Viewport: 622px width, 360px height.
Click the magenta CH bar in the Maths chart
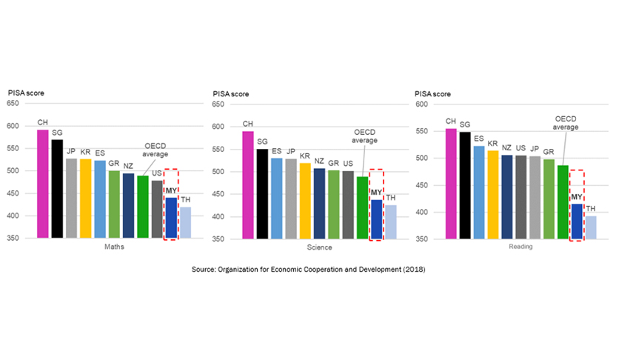(x=43, y=184)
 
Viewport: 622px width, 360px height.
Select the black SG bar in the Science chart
(x=261, y=194)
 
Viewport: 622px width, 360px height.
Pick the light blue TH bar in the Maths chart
(x=184, y=223)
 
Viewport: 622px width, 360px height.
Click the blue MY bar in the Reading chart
(x=577, y=221)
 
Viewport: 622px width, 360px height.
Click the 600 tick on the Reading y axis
(x=422, y=104)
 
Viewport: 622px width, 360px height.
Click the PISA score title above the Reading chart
(x=435, y=93)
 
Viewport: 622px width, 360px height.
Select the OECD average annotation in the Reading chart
(x=567, y=122)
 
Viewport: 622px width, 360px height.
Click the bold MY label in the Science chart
(x=375, y=193)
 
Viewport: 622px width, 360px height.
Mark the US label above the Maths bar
(x=157, y=174)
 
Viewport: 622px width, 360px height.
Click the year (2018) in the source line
(x=414, y=270)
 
